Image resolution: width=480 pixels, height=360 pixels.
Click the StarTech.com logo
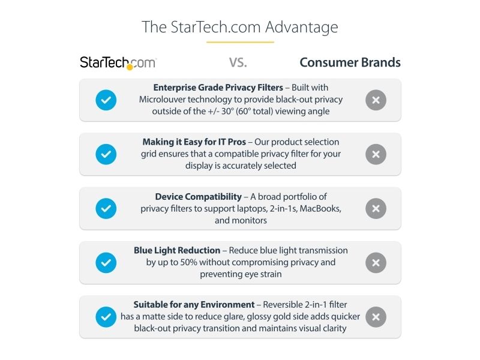click(118, 63)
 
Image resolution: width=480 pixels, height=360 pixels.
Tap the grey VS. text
click(238, 62)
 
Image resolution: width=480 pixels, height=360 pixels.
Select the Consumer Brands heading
click(350, 62)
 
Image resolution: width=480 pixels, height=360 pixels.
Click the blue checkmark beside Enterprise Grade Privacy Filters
click(106, 100)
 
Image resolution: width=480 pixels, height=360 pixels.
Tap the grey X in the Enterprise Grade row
click(376, 100)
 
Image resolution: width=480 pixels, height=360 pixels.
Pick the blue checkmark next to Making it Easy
click(106, 154)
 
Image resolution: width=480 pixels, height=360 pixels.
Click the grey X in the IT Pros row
click(376, 154)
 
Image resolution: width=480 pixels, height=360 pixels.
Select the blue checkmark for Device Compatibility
click(106, 208)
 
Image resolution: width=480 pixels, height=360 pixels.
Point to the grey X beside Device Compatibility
click(376, 208)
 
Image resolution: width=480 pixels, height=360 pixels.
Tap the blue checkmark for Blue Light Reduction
click(106, 263)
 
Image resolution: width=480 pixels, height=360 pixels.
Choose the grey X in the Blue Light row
click(376, 263)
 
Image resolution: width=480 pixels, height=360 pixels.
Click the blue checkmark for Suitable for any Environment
click(106, 317)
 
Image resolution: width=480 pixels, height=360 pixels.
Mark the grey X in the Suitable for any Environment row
click(376, 317)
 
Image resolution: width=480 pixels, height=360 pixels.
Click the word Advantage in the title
click(302, 28)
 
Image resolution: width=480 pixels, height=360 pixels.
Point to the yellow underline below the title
click(240, 42)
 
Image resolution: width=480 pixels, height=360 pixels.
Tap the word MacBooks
click(320, 208)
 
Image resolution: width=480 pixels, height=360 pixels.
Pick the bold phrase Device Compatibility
click(199, 197)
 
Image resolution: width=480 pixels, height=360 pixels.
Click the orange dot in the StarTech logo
click(130, 67)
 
